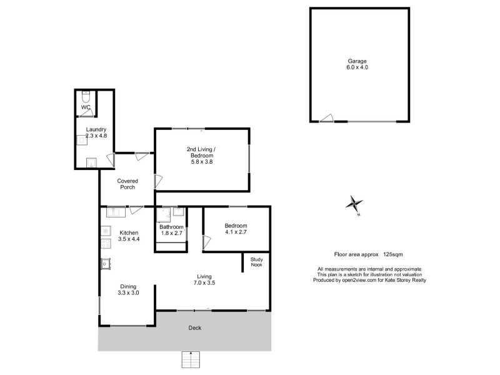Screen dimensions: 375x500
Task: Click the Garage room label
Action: tap(357, 61)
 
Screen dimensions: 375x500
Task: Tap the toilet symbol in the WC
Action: tap(86, 96)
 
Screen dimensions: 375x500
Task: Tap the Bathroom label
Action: tap(171, 227)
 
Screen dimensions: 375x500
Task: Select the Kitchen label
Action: tap(129, 232)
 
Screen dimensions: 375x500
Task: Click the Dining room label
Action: tap(127, 286)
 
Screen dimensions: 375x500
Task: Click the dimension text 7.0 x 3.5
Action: tap(204, 282)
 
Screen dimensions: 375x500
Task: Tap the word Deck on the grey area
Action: tap(195, 328)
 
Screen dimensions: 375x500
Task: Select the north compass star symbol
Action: tap(354, 204)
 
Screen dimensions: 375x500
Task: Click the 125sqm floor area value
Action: tap(392, 254)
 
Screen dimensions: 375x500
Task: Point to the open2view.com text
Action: tap(359, 280)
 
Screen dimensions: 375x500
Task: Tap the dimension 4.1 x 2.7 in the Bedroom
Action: tap(236, 232)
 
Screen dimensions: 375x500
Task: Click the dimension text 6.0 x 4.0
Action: tap(357, 67)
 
